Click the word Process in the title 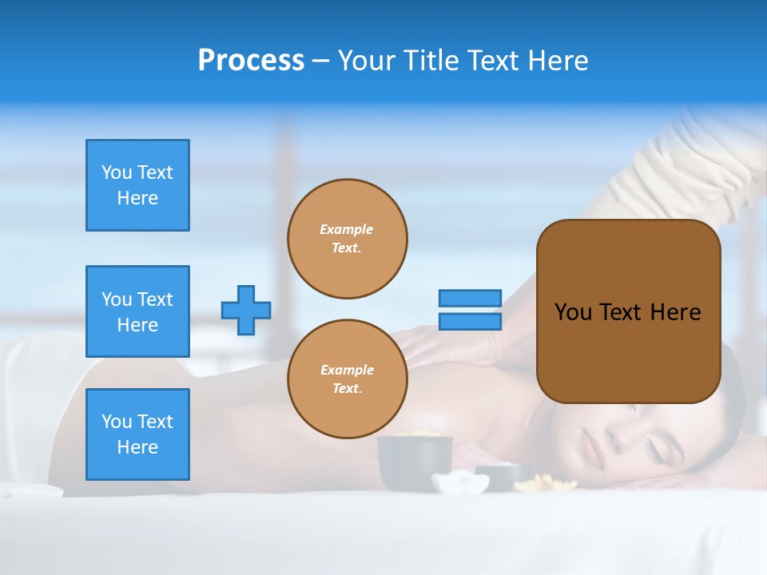tap(251, 61)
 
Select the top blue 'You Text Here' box tap(137, 185)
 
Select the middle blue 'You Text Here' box tap(137, 311)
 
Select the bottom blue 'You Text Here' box tap(137, 434)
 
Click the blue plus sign tap(246, 310)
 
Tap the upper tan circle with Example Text tap(347, 239)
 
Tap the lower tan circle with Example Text tap(347, 379)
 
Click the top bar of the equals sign tap(470, 298)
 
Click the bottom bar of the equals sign tap(470, 321)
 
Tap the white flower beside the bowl tap(460, 482)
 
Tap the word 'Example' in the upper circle tap(347, 229)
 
